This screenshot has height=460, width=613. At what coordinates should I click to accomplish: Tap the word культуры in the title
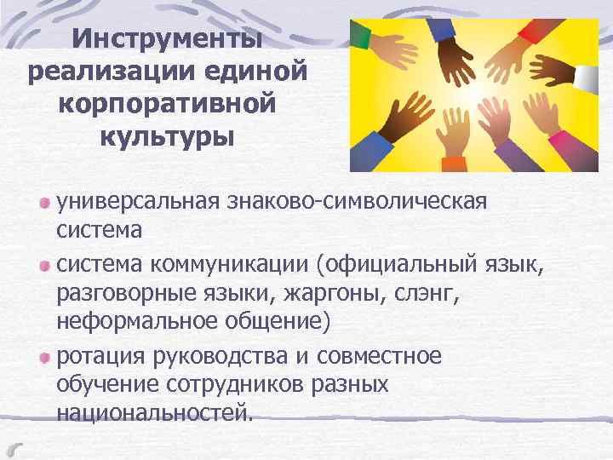click(x=167, y=135)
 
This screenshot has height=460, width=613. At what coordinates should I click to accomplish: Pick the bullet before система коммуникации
click(x=44, y=267)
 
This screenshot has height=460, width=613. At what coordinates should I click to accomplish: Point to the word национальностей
click(x=154, y=413)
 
